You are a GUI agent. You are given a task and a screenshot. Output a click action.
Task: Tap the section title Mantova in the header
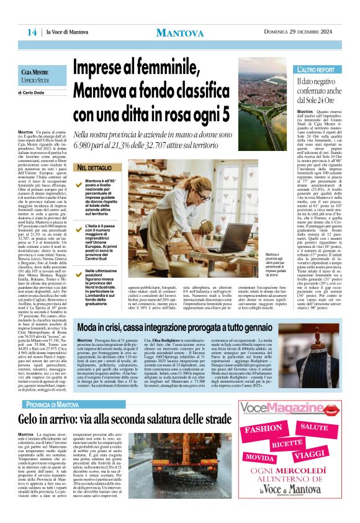point(180,32)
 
